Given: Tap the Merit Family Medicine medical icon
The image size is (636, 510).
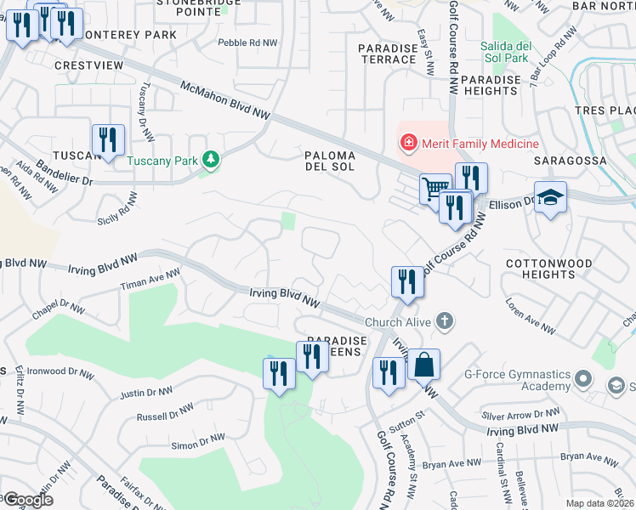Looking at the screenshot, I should (x=409, y=143).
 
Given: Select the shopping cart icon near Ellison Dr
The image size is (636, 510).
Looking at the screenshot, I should (x=435, y=188).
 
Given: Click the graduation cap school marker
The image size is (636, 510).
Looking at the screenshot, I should (x=550, y=197).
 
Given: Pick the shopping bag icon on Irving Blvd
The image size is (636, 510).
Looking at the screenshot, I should (x=423, y=365).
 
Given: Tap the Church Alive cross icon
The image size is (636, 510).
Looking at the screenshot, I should (x=442, y=321).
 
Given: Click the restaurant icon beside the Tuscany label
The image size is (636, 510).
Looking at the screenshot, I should (x=108, y=140).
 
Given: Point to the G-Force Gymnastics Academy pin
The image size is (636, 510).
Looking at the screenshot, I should (x=582, y=377).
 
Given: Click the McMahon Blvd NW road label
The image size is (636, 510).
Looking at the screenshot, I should (x=225, y=100).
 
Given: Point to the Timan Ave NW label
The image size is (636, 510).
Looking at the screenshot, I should (x=150, y=280).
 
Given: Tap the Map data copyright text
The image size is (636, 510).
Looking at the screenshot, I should (x=599, y=503).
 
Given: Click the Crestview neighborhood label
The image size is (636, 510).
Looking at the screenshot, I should (x=84, y=65).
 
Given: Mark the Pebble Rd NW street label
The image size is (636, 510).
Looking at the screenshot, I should (x=247, y=42).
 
